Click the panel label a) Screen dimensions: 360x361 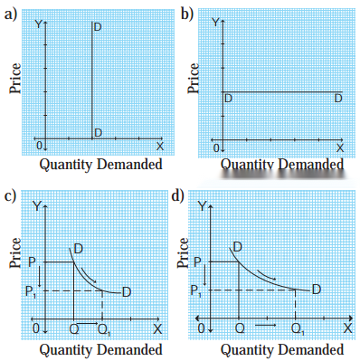point(11,14)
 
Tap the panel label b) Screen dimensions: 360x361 point(187,14)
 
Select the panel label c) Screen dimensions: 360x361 point(10,196)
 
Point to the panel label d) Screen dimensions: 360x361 point(177,196)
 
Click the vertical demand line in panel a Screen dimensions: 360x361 point(91,80)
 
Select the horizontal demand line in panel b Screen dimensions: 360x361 point(282,91)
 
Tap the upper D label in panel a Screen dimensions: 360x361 point(98,27)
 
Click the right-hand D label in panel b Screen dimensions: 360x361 point(338,99)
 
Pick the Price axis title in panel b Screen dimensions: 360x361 point(194,78)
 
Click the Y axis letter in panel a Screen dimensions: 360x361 point(38,24)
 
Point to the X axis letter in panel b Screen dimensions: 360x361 point(340,148)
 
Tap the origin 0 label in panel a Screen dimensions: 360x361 point(39,146)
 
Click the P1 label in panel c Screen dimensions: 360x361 point(31,291)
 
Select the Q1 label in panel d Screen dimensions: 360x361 point(298,329)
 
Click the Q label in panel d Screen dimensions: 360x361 point(240,328)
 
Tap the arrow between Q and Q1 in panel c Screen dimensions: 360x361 point(88,324)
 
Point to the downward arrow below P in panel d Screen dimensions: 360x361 point(204,275)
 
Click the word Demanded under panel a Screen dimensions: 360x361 point(129,165)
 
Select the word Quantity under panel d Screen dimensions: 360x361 point(247,350)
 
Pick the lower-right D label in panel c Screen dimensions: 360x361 point(127,292)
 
